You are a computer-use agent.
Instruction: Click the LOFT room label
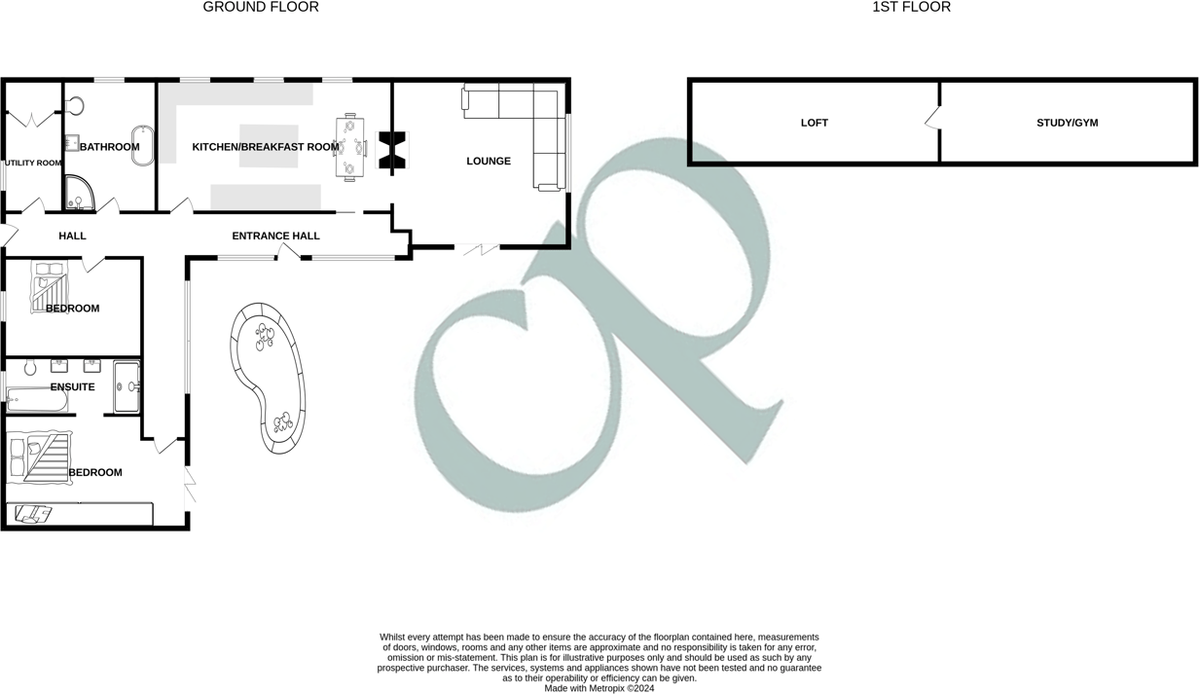pyautogui.click(x=815, y=123)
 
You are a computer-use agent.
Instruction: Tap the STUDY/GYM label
pyautogui.click(x=1067, y=123)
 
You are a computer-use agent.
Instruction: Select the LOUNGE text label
pyautogui.click(x=489, y=162)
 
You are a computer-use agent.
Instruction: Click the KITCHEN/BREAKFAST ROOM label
pyautogui.click(x=266, y=147)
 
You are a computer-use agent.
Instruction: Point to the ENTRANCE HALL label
pyautogui.click(x=275, y=236)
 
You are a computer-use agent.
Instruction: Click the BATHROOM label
pyautogui.click(x=109, y=147)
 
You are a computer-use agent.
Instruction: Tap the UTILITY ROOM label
pyautogui.click(x=33, y=164)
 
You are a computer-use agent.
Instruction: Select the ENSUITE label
pyautogui.click(x=73, y=387)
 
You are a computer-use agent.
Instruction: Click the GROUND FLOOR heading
pyautogui.click(x=261, y=7)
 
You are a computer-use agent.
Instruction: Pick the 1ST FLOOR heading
pyautogui.click(x=911, y=7)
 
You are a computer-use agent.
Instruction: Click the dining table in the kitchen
pyautogui.click(x=349, y=147)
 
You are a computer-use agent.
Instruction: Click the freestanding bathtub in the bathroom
pyautogui.click(x=144, y=145)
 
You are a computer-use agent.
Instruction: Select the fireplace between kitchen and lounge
pyautogui.click(x=394, y=149)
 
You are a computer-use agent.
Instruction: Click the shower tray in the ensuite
pyautogui.click(x=127, y=386)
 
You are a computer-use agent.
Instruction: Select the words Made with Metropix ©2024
pyautogui.click(x=599, y=688)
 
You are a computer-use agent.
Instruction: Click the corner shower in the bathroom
pyautogui.click(x=77, y=195)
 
